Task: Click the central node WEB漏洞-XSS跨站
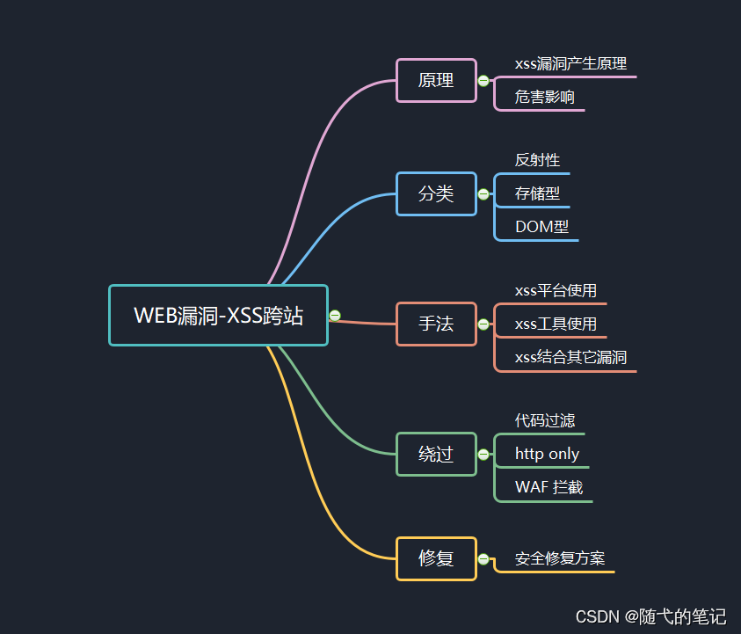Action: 218,315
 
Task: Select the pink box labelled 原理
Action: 436,80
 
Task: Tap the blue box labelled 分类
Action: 436,193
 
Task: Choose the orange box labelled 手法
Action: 436,324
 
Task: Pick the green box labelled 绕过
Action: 436,454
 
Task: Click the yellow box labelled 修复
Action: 436,558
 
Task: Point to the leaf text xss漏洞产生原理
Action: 570,63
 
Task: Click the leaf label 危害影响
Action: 545,97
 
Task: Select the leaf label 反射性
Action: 537,160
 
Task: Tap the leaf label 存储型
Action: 537,193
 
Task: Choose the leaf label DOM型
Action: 541,227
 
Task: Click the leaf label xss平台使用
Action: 556,290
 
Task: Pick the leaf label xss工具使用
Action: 556,324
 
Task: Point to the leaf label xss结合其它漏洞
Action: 570,357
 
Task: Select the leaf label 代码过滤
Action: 545,420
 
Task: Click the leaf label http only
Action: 547,454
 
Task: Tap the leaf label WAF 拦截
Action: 548,487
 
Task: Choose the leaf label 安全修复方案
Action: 560,558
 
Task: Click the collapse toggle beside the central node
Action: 335,316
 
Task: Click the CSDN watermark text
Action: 650,616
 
